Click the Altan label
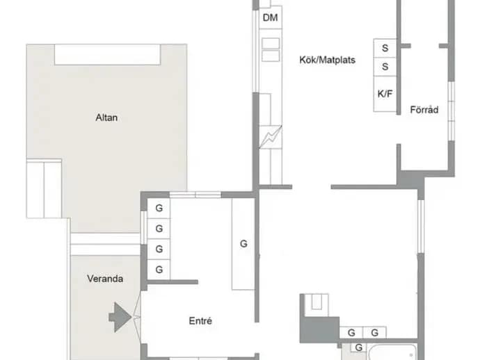[106, 117]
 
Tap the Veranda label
[105, 279]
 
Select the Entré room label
[200, 321]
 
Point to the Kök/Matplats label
[327, 60]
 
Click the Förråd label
[424, 110]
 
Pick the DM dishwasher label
[271, 18]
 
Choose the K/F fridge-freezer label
[385, 94]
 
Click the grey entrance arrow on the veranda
[120, 317]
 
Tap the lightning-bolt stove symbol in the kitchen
[271, 137]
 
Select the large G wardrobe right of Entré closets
[243, 244]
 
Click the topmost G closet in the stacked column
[159, 208]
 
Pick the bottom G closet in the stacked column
[159, 270]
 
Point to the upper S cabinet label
[385, 48]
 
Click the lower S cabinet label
[385, 67]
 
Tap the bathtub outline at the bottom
[393, 352]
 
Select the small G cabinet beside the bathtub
[359, 347]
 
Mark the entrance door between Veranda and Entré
[137, 317]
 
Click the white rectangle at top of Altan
[107, 54]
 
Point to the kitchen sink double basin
[271, 49]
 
